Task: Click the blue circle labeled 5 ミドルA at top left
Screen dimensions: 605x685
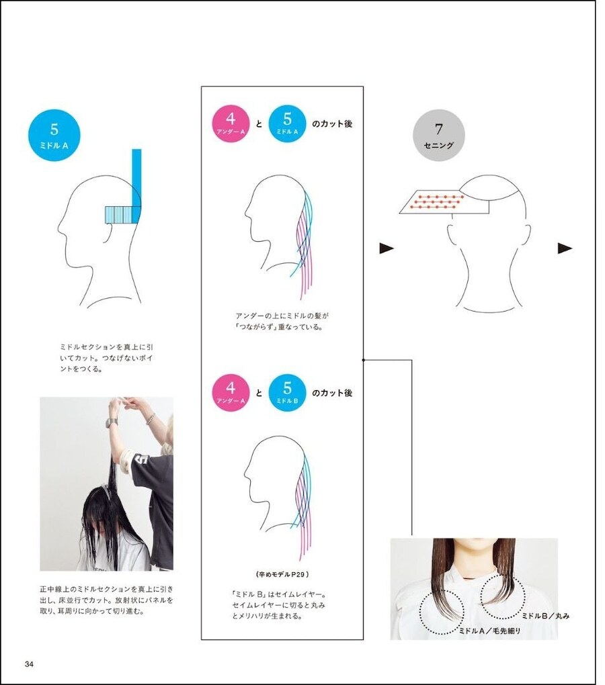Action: [54, 136]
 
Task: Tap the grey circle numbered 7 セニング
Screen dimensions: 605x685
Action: [439, 136]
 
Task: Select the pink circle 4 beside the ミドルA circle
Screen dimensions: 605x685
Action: [231, 124]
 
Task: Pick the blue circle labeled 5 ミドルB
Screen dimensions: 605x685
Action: [287, 393]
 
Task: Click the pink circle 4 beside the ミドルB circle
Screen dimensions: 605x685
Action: [231, 393]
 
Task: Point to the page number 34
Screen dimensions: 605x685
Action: [30, 664]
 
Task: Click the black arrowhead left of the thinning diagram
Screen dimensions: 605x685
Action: [387, 248]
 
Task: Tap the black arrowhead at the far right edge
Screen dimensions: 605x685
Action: [565, 248]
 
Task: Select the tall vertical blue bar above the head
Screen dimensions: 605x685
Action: [136, 185]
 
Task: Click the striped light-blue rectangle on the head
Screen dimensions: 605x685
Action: [118, 214]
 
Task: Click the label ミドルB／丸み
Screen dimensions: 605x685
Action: [546, 616]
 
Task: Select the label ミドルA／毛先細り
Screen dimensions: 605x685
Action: [489, 631]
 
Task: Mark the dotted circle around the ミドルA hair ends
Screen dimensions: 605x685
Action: [442, 612]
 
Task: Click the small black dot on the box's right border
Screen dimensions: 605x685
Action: [363, 360]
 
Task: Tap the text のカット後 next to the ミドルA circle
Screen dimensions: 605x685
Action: [332, 124]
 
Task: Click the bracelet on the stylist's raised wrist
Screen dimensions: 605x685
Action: [151, 418]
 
